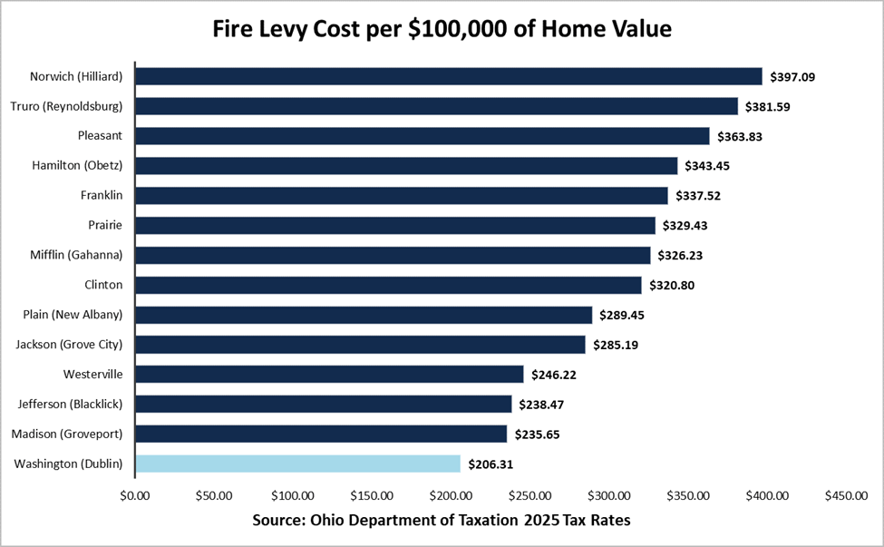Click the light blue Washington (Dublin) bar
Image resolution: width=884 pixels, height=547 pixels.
(297, 464)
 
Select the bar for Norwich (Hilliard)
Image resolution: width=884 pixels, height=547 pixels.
(448, 76)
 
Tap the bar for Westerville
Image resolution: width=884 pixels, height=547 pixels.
(329, 374)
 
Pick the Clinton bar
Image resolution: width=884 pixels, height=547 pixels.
(388, 285)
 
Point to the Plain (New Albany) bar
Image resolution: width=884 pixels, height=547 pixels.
(364, 315)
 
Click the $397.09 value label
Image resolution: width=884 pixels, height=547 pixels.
(792, 77)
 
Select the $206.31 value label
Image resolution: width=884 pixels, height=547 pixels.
(491, 464)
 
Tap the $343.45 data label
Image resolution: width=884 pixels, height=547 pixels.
(708, 166)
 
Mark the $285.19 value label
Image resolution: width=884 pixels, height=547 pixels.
(616, 346)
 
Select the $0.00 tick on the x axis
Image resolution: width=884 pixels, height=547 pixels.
(134, 495)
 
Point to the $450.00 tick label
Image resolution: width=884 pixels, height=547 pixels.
(846, 495)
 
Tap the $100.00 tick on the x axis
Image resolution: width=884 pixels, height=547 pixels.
(292, 495)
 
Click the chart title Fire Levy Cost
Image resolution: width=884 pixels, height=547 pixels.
(442, 30)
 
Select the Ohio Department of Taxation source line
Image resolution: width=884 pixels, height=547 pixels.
(442, 522)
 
